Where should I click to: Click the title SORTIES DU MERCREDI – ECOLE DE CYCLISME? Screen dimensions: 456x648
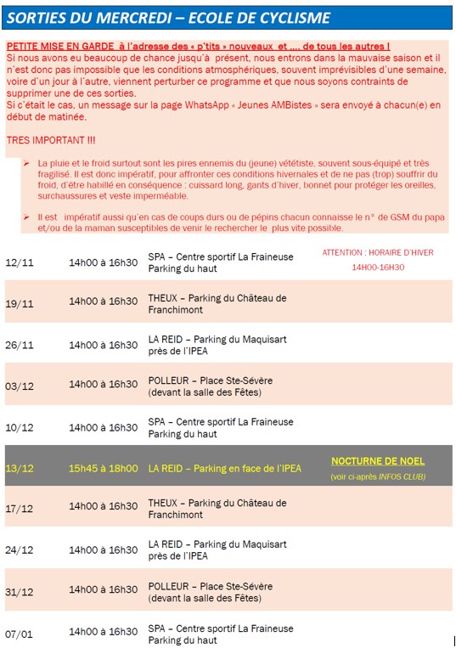(170, 18)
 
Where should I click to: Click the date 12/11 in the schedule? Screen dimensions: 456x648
(19, 262)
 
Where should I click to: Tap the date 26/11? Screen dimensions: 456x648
(19, 345)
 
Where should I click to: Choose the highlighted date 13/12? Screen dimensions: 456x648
(19, 468)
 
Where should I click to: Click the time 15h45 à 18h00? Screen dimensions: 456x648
(103, 468)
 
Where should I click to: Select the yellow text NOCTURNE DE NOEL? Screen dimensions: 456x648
(378, 461)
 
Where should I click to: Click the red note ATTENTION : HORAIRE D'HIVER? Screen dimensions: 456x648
(377, 252)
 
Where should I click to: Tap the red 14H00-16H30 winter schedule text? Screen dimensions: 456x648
(378, 268)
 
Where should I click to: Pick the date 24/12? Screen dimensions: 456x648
(19, 549)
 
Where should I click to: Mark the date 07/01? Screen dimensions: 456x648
(19, 634)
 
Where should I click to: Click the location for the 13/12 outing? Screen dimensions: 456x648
(224, 468)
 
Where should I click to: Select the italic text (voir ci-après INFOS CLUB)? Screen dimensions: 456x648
(378, 477)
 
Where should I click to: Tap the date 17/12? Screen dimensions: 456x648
(19, 509)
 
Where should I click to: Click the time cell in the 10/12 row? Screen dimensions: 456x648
(103, 427)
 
